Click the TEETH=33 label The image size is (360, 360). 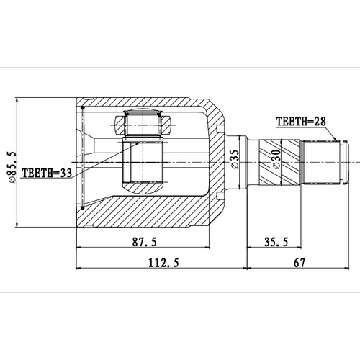[47, 173]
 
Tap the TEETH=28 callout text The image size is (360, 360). [302, 122]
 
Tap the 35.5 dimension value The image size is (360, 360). [276, 242]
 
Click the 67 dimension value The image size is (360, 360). [300, 264]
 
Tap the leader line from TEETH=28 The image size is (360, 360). [332, 133]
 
